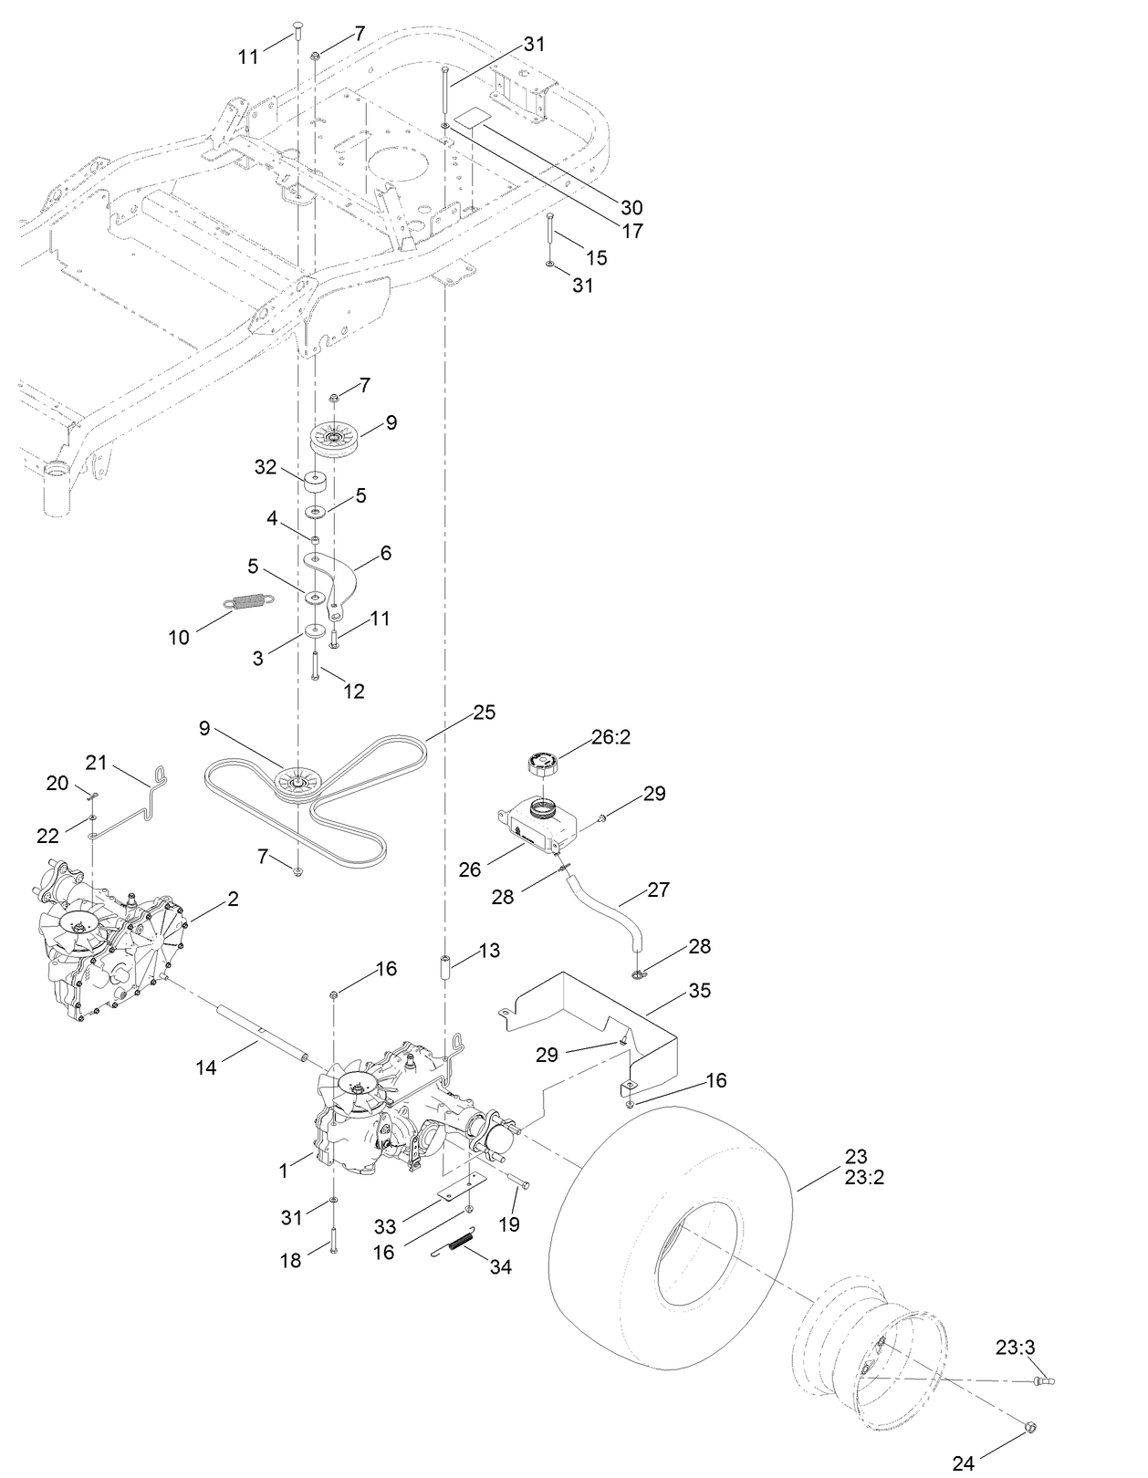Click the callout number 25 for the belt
(485, 712)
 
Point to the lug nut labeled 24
(1030, 1426)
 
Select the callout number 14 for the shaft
(206, 1067)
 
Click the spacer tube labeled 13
(448, 968)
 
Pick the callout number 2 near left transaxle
(233, 899)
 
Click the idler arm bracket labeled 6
(334, 584)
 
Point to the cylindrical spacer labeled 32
(317, 480)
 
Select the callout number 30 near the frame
(631, 207)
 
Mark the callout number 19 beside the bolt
(509, 1223)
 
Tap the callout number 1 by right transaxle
(283, 1169)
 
